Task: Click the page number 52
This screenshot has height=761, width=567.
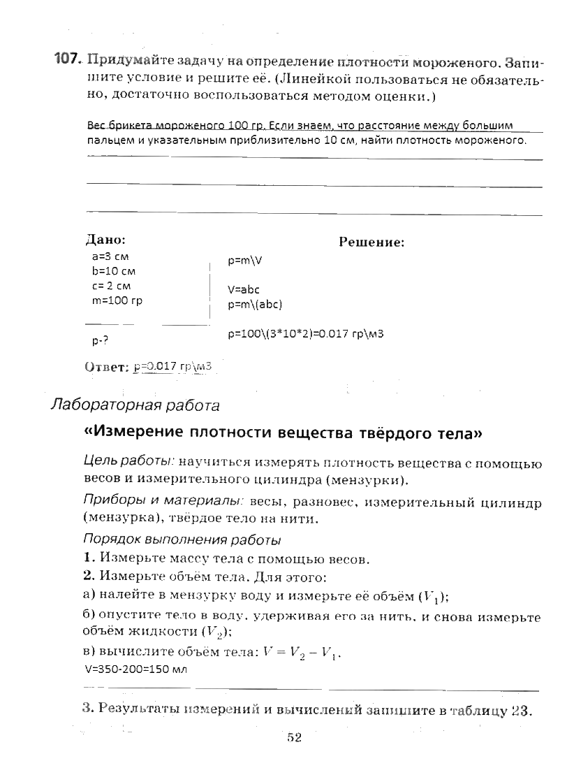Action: point(293,738)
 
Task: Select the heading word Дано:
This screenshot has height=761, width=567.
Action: point(105,239)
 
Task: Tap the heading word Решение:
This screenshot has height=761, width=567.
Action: point(371,242)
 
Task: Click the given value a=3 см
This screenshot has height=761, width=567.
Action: point(105,256)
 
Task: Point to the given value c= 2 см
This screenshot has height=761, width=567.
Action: point(110,286)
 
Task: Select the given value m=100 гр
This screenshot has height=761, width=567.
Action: point(117,300)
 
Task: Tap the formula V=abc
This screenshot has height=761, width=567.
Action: point(244,289)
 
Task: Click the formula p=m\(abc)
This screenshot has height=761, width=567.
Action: point(255,304)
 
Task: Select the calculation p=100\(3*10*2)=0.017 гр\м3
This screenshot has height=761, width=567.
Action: point(306,333)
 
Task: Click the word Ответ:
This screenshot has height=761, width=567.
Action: point(107,366)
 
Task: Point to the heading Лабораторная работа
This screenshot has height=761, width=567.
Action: point(135,405)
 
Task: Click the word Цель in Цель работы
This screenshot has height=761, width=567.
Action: point(98,462)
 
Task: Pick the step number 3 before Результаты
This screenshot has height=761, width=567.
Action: point(87,710)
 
